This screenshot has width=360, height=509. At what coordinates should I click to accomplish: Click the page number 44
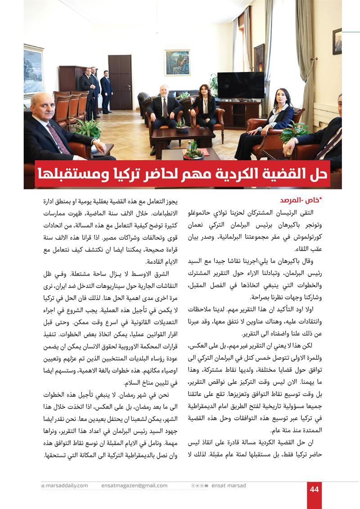click(x=314, y=489)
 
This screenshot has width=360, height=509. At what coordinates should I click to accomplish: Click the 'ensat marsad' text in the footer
click(x=229, y=486)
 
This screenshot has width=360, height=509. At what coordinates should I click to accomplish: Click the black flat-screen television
click(x=241, y=85)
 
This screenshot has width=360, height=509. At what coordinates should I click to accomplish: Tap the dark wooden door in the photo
click(x=120, y=82)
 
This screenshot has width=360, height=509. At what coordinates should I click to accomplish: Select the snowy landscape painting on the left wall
click(x=33, y=71)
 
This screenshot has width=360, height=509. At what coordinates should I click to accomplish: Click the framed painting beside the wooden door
click(x=177, y=63)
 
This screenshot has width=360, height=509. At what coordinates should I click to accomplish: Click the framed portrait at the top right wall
click(x=337, y=41)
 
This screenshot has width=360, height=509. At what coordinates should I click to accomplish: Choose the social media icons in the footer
click(x=200, y=486)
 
